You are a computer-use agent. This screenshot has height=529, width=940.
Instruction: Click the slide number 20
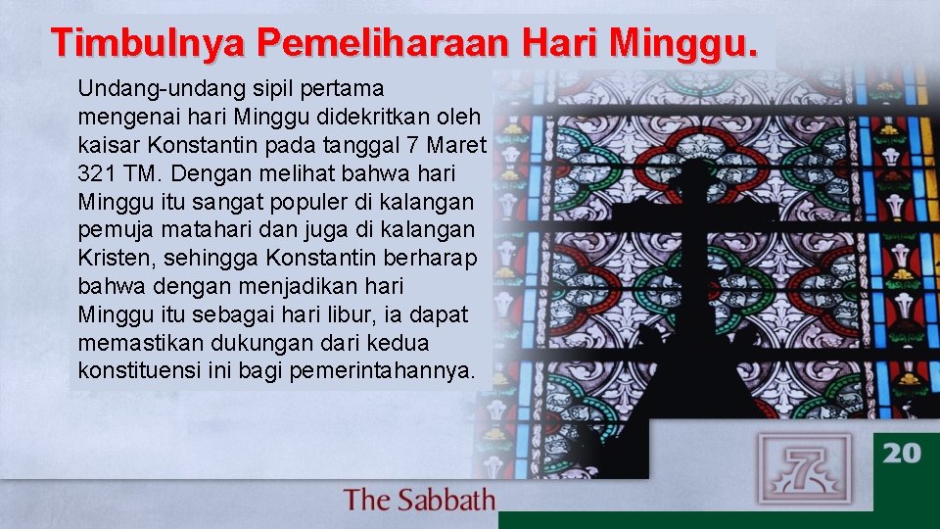902,452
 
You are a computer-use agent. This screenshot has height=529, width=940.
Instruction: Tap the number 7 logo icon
804,469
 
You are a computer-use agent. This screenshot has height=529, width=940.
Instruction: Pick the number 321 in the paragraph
96,173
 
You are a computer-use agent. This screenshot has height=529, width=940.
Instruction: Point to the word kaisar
103,145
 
